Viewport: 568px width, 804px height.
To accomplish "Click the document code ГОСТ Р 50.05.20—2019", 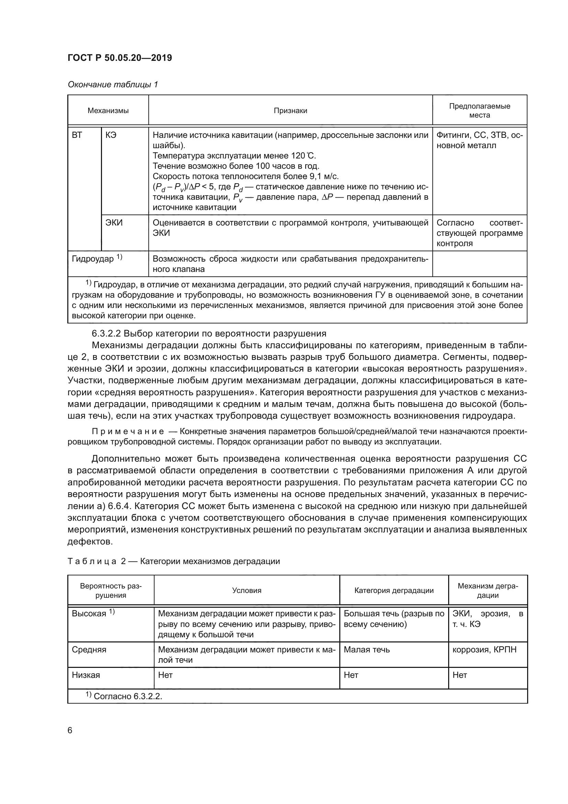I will [x=120, y=58].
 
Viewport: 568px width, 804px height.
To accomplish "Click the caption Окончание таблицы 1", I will [x=113, y=85].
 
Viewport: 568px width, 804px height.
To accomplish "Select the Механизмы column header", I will [x=108, y=111].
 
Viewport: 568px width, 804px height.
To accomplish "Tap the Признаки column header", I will [x=290, y=111].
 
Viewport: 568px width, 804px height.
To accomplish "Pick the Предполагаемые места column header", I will [x=479, y=111].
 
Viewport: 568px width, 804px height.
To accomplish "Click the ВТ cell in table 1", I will [x=77, y=135].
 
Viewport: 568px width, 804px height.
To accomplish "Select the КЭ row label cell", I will [x=111, y=135].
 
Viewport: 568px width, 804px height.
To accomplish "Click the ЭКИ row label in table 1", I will [x=114, y=223].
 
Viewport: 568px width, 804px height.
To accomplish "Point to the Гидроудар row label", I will [x=93, y=259].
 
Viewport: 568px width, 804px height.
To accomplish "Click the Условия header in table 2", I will [x=247, y=591].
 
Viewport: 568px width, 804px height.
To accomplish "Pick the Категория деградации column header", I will [x=394, y=591].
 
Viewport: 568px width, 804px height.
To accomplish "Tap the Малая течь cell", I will [x=366, y=650].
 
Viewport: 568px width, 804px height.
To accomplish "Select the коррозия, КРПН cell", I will [x=485, y=650].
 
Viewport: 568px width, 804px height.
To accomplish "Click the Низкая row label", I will [x=86, y=675].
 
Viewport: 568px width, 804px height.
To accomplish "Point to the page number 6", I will [x=70, y=730].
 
